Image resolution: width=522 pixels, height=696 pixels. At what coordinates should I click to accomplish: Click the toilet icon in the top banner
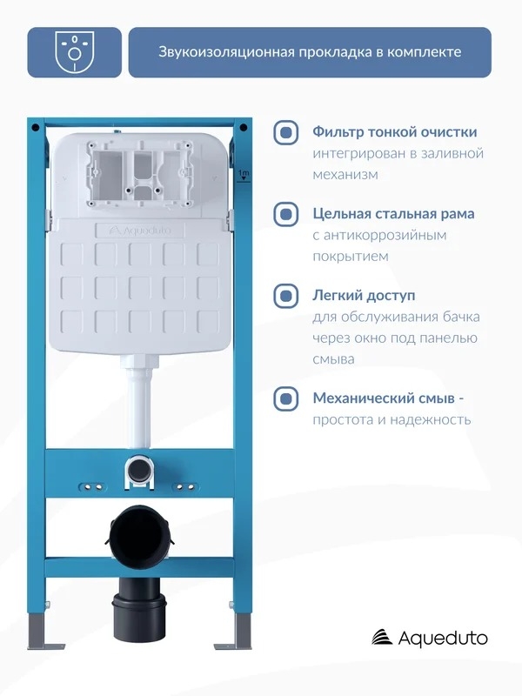(74, 52)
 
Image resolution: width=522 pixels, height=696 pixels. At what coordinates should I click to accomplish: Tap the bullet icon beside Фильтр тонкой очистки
(286, 132)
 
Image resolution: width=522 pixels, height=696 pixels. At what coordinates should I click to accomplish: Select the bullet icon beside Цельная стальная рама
(286, 214)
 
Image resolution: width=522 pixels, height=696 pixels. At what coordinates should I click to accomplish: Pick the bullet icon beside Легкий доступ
(286, 296)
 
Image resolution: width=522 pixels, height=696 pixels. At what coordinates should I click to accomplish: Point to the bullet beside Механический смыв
(286, 399)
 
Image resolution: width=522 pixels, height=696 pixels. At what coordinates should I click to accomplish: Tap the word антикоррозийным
(385, 235)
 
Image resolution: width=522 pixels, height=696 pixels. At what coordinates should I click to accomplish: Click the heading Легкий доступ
(364, 296)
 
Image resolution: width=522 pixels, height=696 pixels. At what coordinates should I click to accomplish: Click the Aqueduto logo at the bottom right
(429, 639)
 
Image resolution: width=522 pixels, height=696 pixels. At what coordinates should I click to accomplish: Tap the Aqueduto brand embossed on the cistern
(140, 231)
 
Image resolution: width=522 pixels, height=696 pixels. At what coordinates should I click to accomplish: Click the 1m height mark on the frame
(244, 175)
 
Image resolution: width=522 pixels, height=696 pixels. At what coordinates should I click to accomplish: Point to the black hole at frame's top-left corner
(36, 128)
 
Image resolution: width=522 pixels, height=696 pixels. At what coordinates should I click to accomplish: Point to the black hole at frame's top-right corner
(244, 128)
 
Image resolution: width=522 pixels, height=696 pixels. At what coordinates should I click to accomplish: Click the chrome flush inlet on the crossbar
(139, 468)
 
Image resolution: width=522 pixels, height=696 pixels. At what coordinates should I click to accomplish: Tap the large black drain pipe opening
(139, 532)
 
